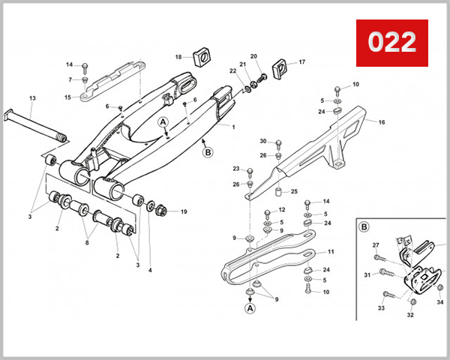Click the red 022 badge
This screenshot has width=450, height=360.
[391, 42]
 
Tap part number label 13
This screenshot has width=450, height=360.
[32, 99]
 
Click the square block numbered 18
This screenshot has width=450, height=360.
[200, 57]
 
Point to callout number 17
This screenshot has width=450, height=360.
[302, 62]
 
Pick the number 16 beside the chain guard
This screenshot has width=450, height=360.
[381, 121]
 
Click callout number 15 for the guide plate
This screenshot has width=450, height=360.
[67, 97]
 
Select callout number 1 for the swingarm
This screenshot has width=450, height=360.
[233, 127]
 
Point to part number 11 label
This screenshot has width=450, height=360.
[331, 251]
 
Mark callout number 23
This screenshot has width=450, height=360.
[235, 169]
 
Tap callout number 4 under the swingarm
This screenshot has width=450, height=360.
[149, 270]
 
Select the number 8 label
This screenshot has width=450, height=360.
[87, 242]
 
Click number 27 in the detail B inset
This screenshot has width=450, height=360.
[376, 244]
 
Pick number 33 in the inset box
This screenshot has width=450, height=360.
[381, 307]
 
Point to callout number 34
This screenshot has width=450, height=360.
[440, 302]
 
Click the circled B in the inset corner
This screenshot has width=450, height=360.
[364, 226]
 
